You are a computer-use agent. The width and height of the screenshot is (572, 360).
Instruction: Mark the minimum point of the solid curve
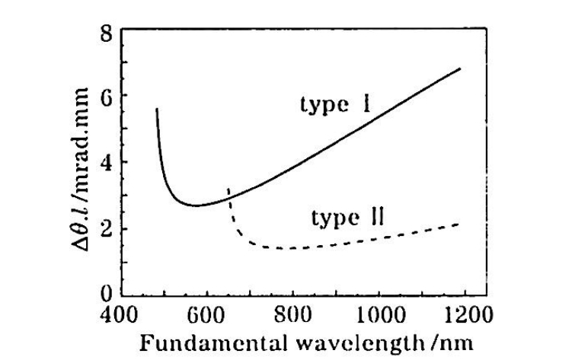197,205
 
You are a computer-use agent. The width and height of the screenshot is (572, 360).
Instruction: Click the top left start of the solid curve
156,110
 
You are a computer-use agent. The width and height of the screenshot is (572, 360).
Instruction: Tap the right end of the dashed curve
460,224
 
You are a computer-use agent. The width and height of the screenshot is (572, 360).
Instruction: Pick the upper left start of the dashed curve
228,188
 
